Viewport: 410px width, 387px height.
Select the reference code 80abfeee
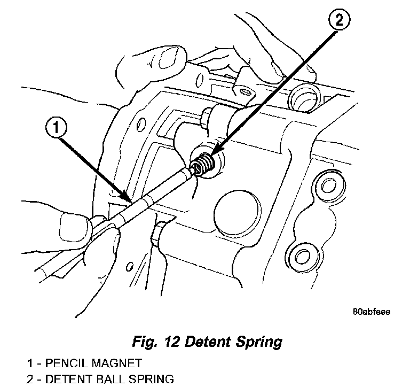point(370,312)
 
